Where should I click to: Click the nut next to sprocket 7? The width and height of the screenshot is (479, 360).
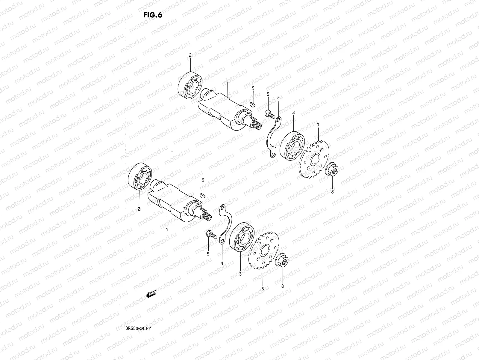(x=332, y=170)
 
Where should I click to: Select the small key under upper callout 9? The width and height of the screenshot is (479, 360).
(x=252, y=104)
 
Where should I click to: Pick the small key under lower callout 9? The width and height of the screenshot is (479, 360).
(x=202, y=195)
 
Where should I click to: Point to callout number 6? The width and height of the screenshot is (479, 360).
(x=263, y=289)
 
